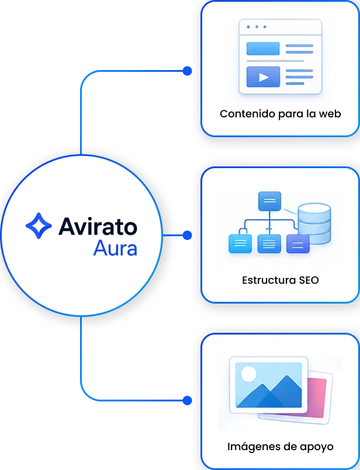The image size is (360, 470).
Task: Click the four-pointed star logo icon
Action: (39, 226)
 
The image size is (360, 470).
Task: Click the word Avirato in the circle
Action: (98, 227)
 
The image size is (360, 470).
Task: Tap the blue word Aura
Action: (115, 248)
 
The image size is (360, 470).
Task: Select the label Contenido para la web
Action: (280, 114)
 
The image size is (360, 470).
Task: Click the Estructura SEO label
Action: (280, 280)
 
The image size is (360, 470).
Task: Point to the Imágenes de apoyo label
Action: (280, 447)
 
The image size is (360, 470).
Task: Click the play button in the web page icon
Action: (263, 77)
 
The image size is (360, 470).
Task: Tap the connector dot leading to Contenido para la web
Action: (187, 71)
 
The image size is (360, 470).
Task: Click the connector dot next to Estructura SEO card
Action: (187, 235)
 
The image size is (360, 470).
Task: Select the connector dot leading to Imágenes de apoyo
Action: (187, 401)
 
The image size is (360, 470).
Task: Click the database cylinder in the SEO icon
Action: (314, 223)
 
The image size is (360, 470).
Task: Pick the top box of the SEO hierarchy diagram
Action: (269, 201)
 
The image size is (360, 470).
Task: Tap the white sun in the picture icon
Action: (249, 374)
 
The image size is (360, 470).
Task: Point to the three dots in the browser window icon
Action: (257, 27)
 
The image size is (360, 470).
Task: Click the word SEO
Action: (309, 280)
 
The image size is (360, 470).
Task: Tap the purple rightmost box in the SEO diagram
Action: (298, 243)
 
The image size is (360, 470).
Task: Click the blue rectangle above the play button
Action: (263, 48)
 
